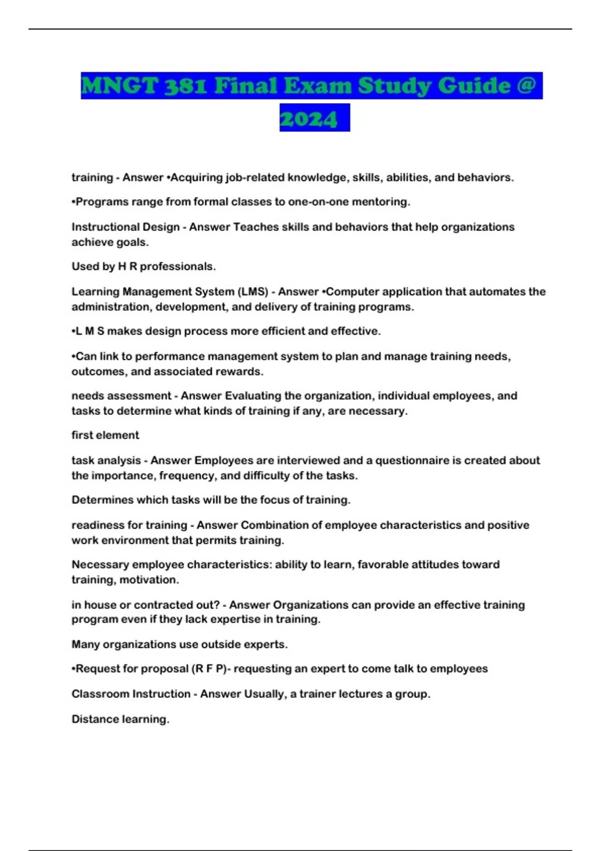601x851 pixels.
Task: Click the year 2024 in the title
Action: (x=309, y=119)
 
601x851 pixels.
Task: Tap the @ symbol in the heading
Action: (x=526, y=86)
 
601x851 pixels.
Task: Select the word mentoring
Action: (x=383, y=202)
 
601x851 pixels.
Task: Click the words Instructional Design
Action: (x=125, y=227)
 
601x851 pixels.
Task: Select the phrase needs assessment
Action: (x=121, y=395)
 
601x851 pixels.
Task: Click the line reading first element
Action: (x=105, y=435)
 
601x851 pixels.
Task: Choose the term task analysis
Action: (x=106, y=460)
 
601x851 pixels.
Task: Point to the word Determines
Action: (x=102, y=500)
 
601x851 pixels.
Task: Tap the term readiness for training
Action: (x=129, y=525)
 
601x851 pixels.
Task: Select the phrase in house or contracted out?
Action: (x=145, y=605)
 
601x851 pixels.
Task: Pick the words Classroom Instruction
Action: (x=131, y=694)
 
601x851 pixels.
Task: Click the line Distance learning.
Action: (x=120, y=719)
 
